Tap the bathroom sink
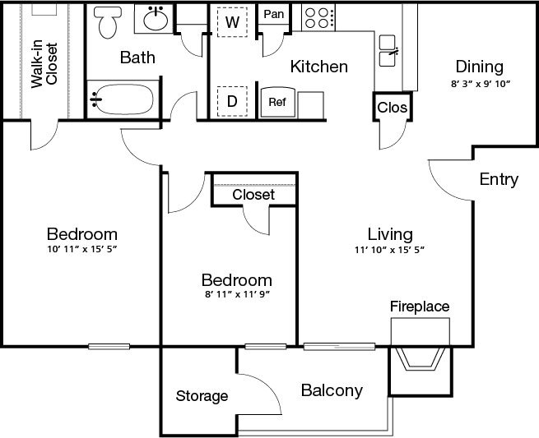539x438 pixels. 155,20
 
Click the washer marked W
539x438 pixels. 232,22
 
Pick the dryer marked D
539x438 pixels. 232,102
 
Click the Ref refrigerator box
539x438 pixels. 276,102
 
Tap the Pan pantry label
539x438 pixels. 273,15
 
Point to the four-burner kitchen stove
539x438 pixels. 318,16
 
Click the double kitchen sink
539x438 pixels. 388,51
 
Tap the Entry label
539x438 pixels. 499,180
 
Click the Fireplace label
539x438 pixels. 420,307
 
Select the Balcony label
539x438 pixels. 331,390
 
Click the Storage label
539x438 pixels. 202,396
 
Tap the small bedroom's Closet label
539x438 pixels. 253,195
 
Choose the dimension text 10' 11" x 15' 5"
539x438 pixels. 81,249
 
